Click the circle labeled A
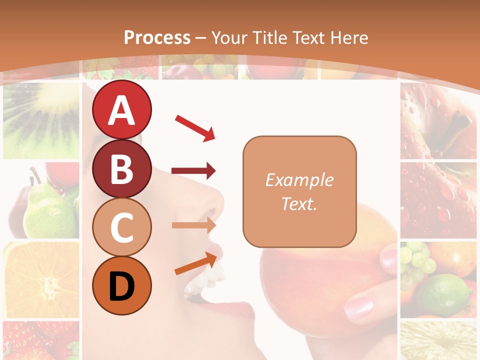coord(121,109)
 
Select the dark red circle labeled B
coord(121,169)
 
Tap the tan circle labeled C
coord(121,227)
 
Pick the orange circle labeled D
coord(121,285)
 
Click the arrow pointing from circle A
coord(195,127)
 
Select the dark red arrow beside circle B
coord(193,171)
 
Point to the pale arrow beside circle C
coord(193,225)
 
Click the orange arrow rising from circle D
coord(196,264)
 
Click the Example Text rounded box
coord(299,191)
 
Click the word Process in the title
coord(157,37)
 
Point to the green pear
coord(47,210)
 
